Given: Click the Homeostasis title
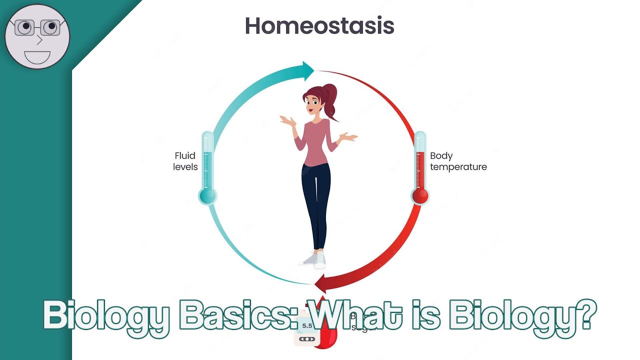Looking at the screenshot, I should (319, 26).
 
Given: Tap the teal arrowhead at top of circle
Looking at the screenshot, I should (306, 70).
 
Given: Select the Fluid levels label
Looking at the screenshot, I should (185, 161).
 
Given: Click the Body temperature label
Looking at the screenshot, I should (458, 161).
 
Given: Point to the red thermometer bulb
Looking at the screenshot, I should (420, 195).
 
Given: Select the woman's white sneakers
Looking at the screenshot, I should (315, 259).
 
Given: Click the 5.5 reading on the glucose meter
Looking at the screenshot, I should (306, 326).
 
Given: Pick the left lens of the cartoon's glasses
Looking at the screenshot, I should (23, 28).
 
